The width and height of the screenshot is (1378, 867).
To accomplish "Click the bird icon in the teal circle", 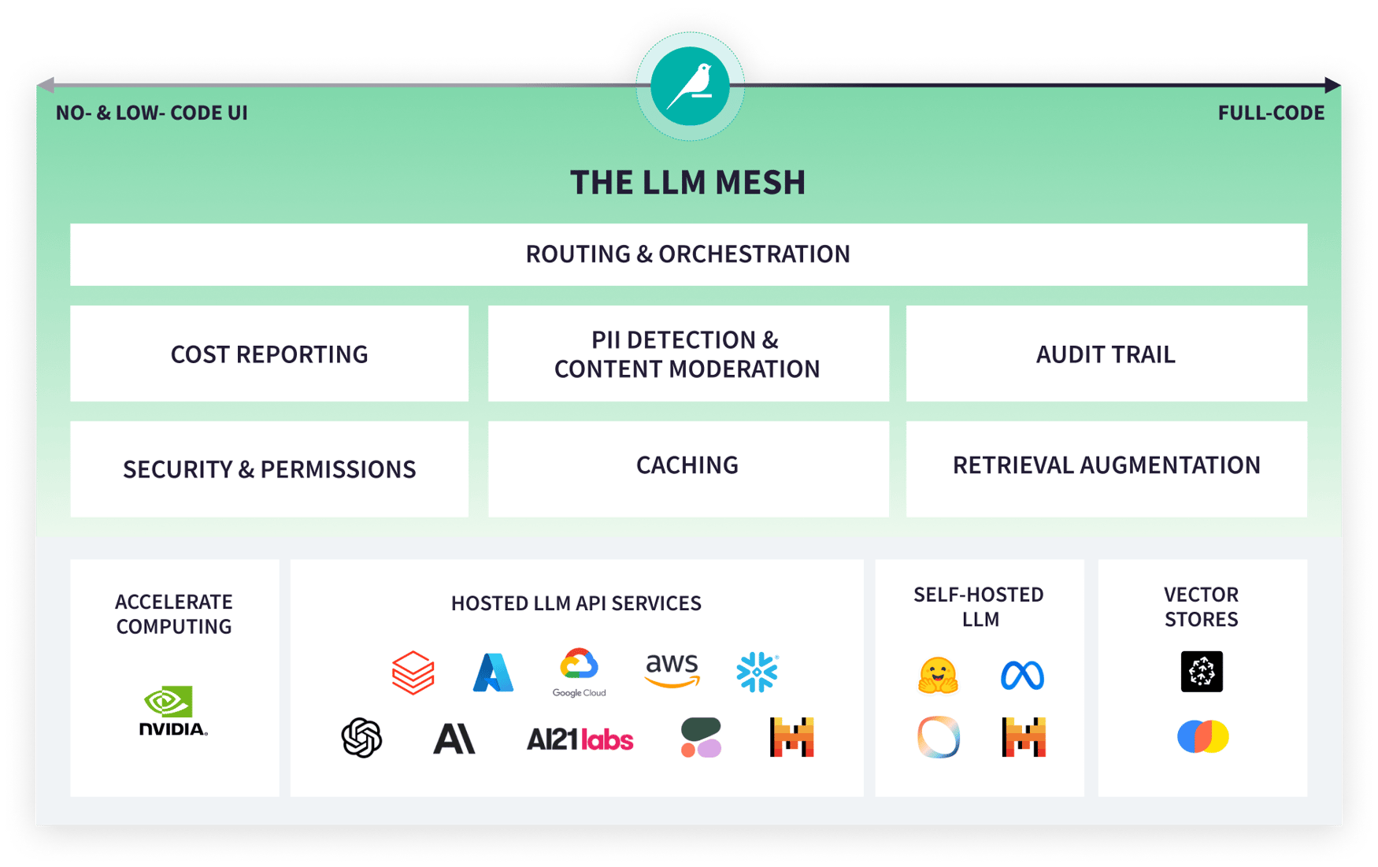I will click(x=690, y=86).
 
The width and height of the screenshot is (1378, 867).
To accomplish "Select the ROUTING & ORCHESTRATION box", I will click(x=688, y=254).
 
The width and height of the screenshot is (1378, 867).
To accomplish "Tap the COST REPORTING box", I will click(x=269, y=354).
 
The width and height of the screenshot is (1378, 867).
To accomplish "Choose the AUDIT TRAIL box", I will click(x=1106, y=354).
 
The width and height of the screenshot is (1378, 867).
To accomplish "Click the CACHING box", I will click(x=687, y=467).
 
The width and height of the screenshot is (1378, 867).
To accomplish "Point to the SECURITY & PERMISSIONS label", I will click(x=269, y=469).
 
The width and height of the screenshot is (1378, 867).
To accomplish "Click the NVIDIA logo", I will click(x=173, y=711).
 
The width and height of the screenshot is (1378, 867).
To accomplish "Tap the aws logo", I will click(x=672, y=670).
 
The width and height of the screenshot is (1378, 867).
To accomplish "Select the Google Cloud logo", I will click(x=579, y=672).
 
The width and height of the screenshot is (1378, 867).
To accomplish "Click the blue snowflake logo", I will click(x=757, y=672).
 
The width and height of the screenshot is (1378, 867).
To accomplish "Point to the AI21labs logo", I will click(x=580, y=739).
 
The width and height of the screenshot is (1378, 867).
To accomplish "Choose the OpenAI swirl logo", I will click(x=361, y=738).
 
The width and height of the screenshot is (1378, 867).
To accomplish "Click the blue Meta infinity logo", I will click(x=1022, y=676).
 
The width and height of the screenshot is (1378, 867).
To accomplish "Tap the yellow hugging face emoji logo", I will click(x=938, y=676).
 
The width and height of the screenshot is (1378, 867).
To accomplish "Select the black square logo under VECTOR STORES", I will click(x=1202, y=672).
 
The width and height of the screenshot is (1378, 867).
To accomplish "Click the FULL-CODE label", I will click(x=1271, y=113).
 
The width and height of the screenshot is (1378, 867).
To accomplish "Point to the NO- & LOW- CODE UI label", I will click(x=152, y=113).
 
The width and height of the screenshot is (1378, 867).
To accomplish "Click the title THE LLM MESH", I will click(x=688, y=183).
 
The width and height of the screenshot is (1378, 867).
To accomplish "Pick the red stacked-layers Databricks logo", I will click(x=413, y=672).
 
